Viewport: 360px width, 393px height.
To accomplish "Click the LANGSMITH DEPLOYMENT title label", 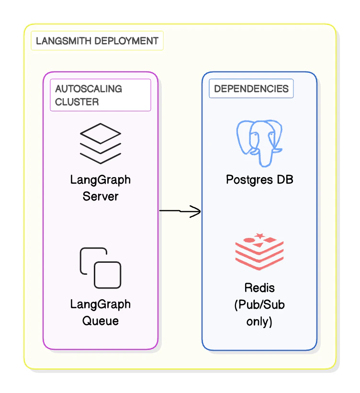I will pos(97,41).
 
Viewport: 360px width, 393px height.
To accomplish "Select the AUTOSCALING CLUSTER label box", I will pos(101,95).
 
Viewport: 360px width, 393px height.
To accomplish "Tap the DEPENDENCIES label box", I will pos(251,89).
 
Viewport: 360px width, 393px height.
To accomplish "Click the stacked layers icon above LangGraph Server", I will pos(101,143).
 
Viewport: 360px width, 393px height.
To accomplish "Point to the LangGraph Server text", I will pos(101,188).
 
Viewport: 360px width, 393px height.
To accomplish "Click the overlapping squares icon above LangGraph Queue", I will pos(101,268).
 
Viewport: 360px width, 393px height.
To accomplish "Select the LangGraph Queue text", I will pos(101,312).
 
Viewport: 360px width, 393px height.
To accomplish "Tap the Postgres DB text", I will pos(259,180).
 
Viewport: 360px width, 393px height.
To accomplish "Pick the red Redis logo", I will pos(259,251).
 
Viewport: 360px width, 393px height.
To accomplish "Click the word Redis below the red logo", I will pos(259,288).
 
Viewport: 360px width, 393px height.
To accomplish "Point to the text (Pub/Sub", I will pos(259,304).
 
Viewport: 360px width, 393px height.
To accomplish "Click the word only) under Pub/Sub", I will pos(259,321).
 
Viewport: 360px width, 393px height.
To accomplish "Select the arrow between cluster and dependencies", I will pos(180,211).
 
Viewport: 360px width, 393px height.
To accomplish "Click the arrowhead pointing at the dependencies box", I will pos(195,211).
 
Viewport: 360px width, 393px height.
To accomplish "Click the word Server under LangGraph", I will pos(101,196).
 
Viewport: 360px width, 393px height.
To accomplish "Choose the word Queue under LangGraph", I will pos(101,320).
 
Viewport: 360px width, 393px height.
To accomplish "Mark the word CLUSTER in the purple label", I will pos(77,101).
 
